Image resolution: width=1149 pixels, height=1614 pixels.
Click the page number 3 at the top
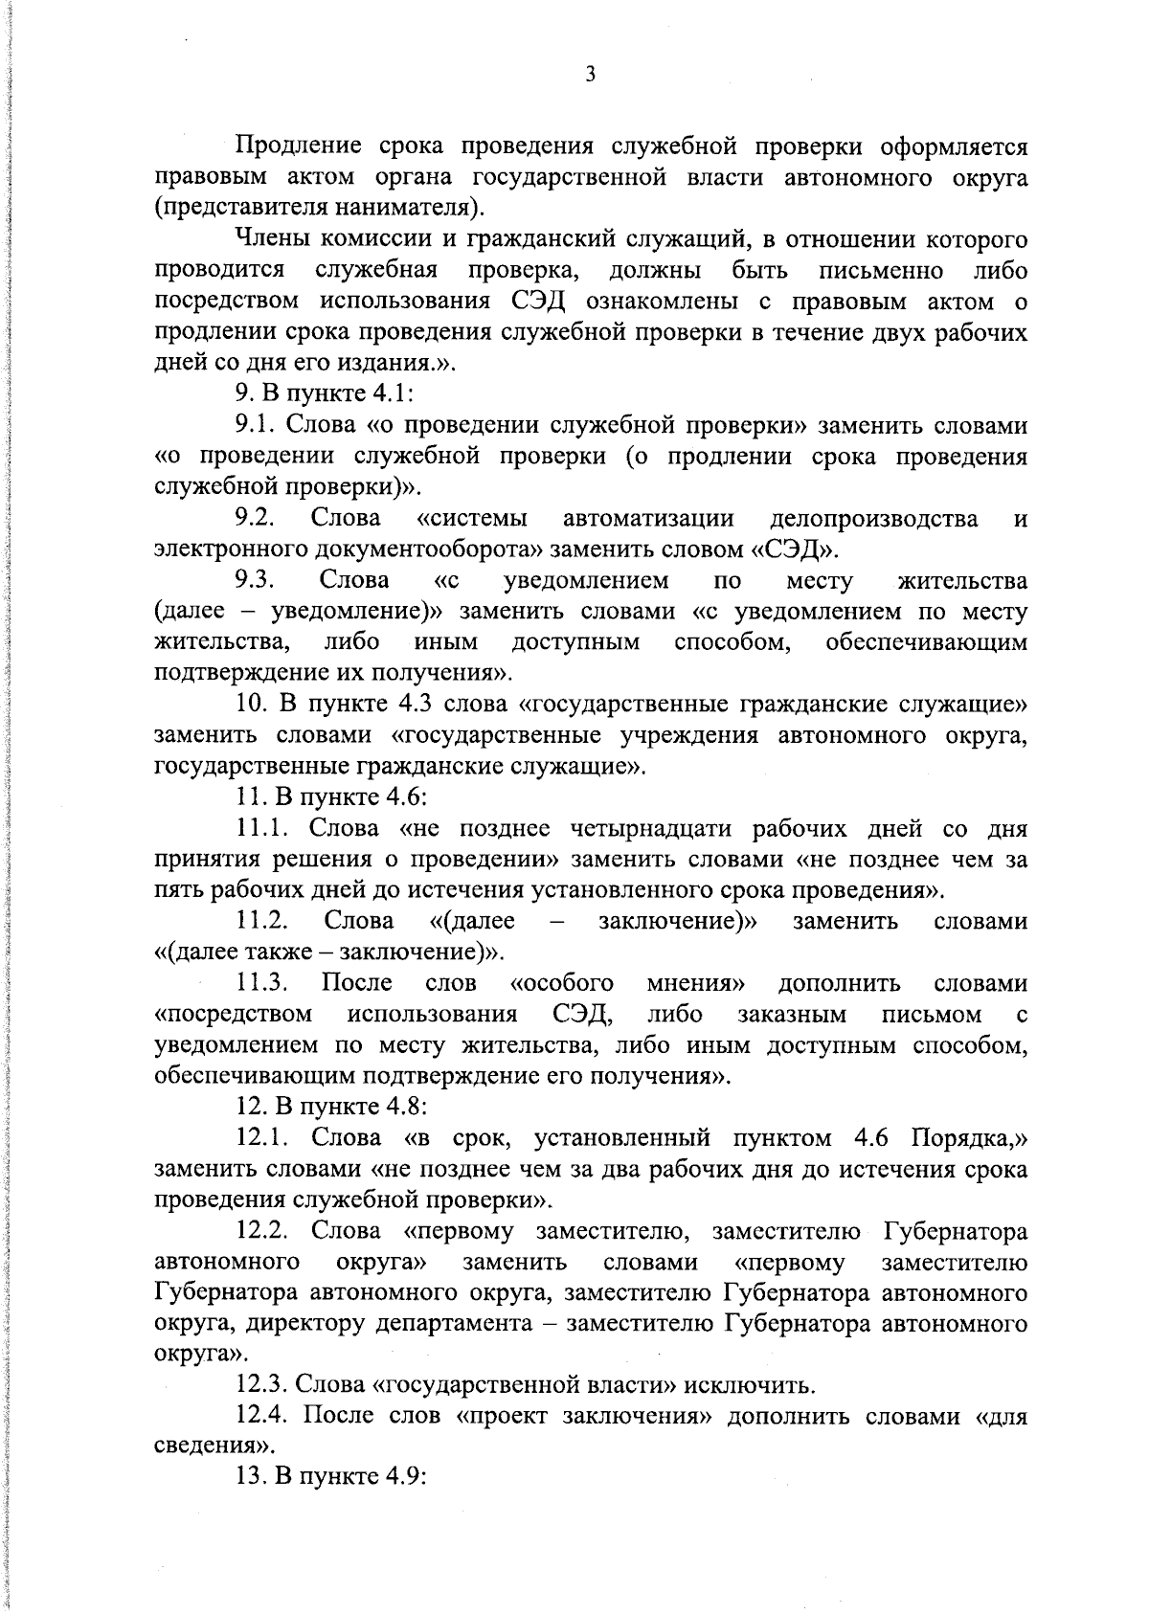[x=590, y=75]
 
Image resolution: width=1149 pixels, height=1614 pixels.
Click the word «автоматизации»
[x=649, y=519]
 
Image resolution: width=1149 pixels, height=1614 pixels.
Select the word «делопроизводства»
[x=874, y=519]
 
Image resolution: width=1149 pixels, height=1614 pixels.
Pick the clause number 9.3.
[x=256, y=581]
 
